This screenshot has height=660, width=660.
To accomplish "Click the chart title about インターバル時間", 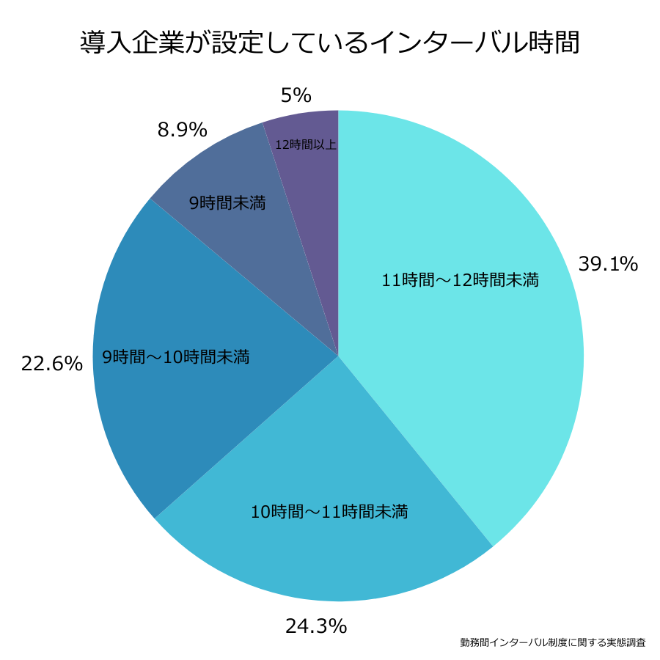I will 330,42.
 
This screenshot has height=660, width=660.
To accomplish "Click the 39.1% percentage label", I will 608,264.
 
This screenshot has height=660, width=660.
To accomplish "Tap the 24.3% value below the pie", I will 315,626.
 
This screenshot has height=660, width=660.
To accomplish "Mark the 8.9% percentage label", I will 183,130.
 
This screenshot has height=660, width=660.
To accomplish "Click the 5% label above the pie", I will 296,95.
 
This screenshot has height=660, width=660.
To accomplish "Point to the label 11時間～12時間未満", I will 461,279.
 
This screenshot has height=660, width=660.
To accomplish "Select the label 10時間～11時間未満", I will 329,511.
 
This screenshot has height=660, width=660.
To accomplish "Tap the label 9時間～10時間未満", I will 176,357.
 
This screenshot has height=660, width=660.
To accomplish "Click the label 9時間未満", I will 227,203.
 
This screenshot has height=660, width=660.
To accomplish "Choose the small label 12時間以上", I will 306,144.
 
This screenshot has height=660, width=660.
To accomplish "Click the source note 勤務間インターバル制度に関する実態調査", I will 553,642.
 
